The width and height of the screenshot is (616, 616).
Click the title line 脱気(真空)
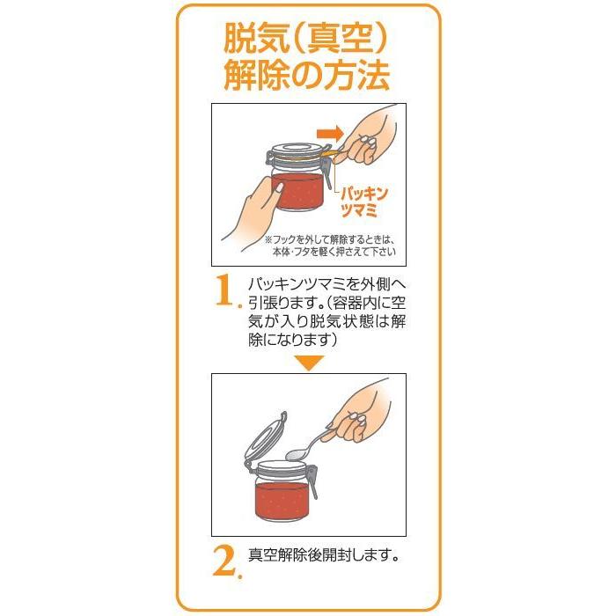point(307,38)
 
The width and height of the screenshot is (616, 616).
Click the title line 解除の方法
point(307,77)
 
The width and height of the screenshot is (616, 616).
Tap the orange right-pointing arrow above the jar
point(329,133)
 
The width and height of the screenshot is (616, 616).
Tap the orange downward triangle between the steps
point(308,362)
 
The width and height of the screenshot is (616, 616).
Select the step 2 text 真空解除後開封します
point(326,557)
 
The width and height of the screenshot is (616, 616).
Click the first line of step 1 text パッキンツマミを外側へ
point(325,283)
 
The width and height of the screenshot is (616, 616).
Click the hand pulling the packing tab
point(370,136)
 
